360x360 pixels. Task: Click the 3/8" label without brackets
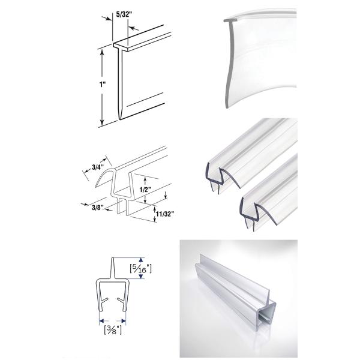click(x=91, y=206)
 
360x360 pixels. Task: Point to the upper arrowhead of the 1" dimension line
click(x=102, y=52)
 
